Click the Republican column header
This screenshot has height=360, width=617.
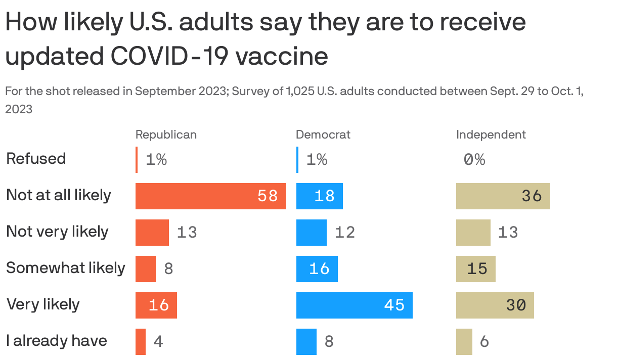(x=166, y=134)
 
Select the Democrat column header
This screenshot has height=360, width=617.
(x=323, y=134)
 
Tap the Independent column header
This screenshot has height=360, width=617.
(x=491, y=134)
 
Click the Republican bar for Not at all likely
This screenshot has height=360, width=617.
(x=210, y=196)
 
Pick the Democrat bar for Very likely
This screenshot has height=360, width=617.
(x=354, y=305)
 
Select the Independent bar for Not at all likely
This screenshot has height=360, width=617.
(x=503, y=196)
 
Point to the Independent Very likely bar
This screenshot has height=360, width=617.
(x=495, y=305)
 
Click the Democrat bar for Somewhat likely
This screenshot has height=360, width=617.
(x=317, y=269)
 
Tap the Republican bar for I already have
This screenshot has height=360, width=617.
(x=141, y=342)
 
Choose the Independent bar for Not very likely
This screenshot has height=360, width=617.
(x=473, y=233)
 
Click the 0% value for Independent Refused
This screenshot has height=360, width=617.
(x=474, y=160)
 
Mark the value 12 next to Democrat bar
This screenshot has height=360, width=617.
(x=345, y=233)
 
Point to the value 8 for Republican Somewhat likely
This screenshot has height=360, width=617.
(x=168, y=269)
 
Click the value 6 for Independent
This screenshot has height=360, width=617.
(x=484, y=342)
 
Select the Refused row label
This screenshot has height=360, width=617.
(x=36, y=159)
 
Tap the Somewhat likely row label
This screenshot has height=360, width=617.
(x=65, y=268)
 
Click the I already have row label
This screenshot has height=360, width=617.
(x=56, y=341)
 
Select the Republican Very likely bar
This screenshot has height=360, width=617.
(x=156, y=305)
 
